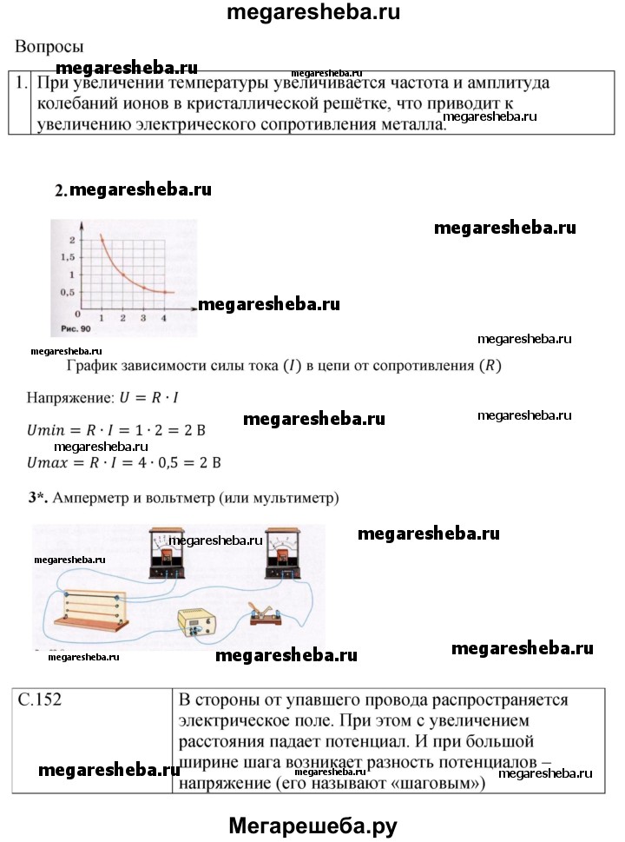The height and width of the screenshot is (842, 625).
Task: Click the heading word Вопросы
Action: click(x=49, y=47)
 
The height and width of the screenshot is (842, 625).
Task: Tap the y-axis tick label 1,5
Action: click(x=66, y=257)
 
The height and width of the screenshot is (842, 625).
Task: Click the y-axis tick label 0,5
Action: click(x=66, y=293)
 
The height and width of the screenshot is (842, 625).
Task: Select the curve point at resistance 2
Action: click(x=123, y=275)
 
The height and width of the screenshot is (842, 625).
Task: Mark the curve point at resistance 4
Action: click(x=165, y=293)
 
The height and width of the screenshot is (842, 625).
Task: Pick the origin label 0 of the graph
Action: click(x=77, y=314)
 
